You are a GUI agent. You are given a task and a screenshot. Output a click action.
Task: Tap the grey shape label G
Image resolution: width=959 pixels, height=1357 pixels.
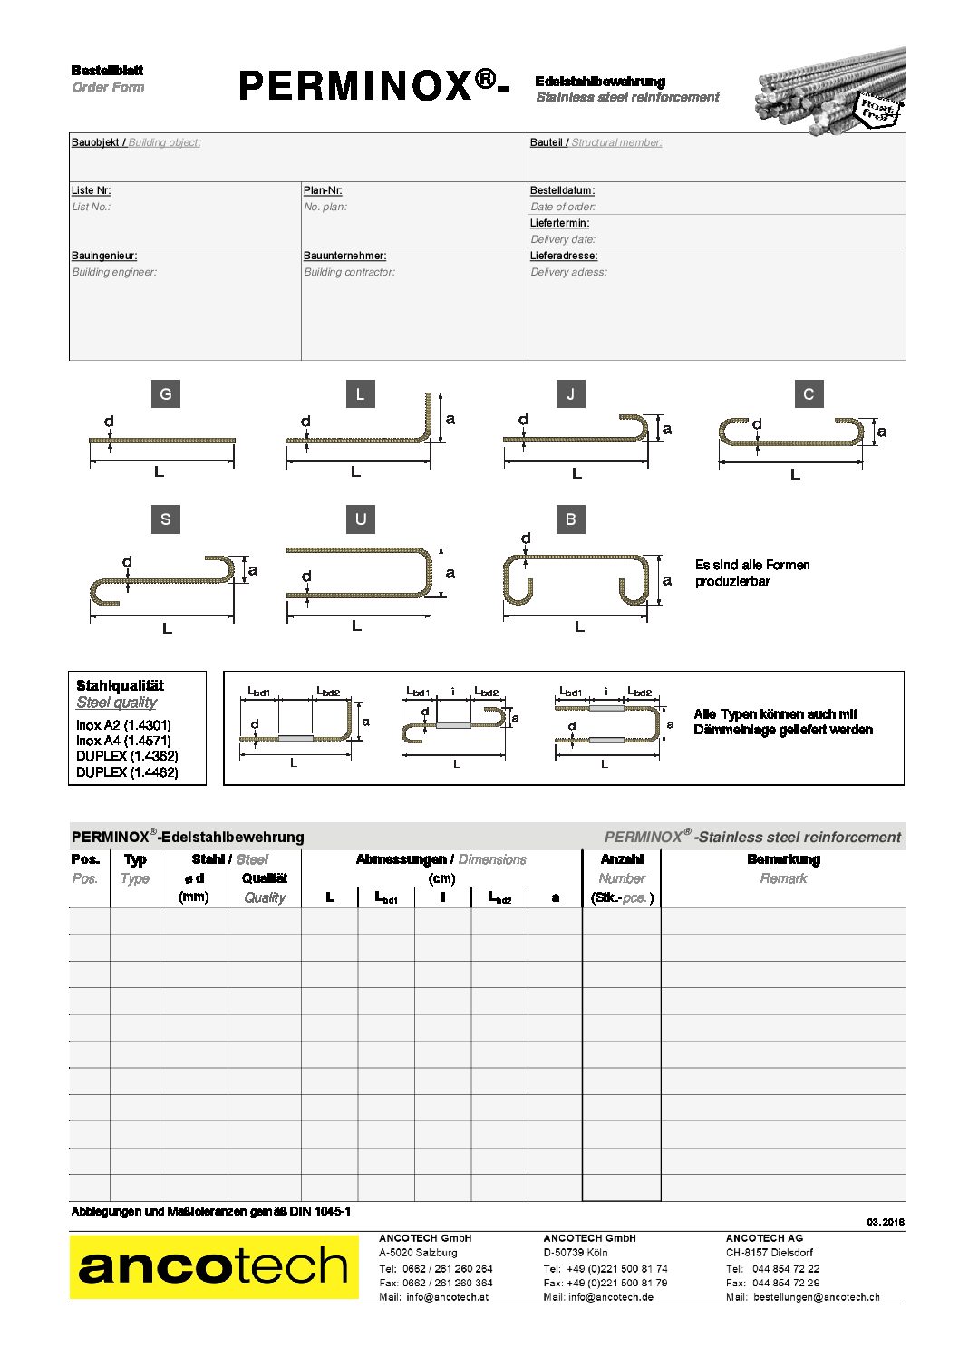(165, 394)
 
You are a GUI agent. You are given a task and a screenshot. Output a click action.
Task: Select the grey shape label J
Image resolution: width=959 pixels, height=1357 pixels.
(570, 394)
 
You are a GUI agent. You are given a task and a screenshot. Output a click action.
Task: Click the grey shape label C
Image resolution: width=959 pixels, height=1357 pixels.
(809, 394)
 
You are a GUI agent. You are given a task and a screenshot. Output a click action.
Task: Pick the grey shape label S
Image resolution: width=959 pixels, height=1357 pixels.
(165, 519)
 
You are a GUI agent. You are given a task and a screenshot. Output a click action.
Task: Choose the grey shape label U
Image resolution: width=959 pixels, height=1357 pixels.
(361, 519)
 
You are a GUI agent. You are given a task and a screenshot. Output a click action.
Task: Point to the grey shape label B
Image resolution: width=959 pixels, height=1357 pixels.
(570, 519)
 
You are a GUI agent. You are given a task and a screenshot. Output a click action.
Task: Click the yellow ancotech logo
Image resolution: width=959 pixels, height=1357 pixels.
(214, 1267)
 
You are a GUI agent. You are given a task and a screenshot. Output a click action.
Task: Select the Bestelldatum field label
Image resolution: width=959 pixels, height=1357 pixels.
(562, 190)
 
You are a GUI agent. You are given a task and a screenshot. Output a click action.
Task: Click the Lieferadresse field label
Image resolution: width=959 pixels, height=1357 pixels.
(564, 256)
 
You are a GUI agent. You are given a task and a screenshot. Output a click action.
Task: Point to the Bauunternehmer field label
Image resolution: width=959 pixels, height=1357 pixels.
(344, 256)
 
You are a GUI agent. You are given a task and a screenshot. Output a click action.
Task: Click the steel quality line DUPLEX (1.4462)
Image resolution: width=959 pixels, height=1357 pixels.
(127, 772)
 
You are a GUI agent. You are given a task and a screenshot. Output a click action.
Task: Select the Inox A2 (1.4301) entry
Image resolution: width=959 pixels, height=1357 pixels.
(123, 725)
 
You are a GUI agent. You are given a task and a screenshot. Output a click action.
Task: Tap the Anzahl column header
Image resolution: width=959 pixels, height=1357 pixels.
(622, 859)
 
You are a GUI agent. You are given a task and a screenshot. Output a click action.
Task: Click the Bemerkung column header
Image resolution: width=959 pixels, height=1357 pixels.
(783, 859)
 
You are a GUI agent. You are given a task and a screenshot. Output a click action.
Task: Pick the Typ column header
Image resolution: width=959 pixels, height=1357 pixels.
(135, 859)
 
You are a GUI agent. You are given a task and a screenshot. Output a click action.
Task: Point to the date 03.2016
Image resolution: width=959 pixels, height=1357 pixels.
(886, 1222)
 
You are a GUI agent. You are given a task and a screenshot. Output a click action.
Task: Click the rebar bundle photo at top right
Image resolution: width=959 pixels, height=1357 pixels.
(829, 91)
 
